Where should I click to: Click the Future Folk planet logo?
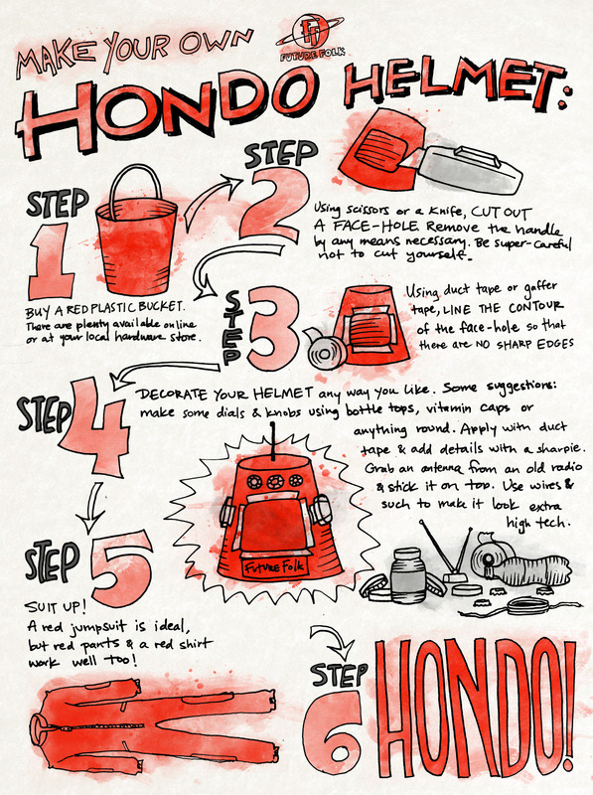[310, 37]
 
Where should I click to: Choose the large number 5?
[120, 567]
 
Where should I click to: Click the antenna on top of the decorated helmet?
[274, 440]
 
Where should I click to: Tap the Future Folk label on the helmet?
[274, 566]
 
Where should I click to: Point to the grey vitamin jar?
[408, 575]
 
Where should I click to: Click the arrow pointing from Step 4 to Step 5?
[92, 507]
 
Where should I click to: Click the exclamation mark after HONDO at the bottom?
[570, 709]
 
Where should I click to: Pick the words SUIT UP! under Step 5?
[56, 606]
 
